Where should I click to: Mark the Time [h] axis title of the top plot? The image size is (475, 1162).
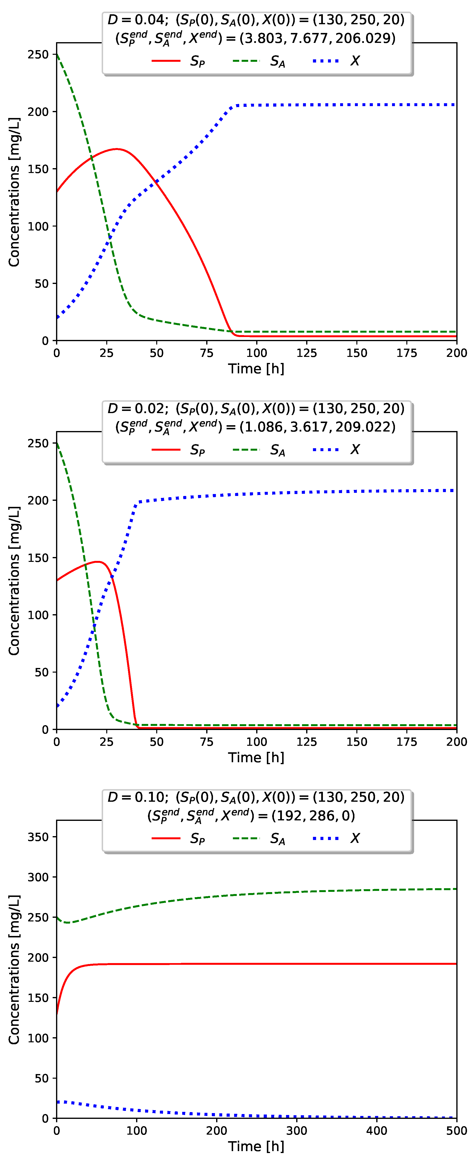click(256, 369)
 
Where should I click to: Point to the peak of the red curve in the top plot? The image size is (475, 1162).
click(116, 149)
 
